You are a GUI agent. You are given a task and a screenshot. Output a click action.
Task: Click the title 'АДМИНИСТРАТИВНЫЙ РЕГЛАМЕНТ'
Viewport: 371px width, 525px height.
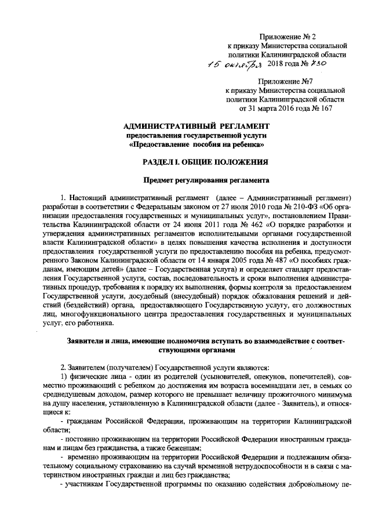coord(197,126)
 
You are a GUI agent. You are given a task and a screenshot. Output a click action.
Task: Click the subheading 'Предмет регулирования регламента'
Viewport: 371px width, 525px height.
coord(197,180)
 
